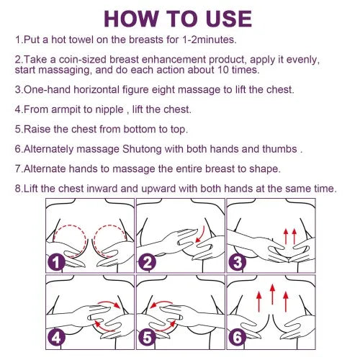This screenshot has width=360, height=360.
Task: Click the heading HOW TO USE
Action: tap(179, 17)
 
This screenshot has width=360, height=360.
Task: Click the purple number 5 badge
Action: tap(148, 336)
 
